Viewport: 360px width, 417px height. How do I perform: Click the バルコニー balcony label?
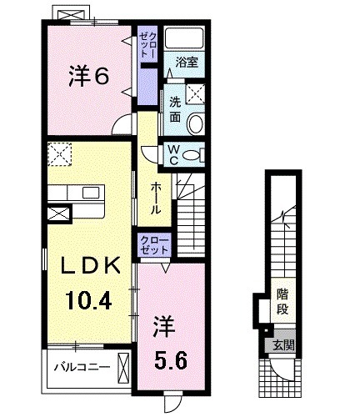coord(82,365)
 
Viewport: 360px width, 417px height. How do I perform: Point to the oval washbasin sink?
coord(197,123)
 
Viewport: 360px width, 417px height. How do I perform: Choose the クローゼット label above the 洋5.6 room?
coord(155,246)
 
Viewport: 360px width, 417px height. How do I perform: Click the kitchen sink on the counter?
coord(88,193)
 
